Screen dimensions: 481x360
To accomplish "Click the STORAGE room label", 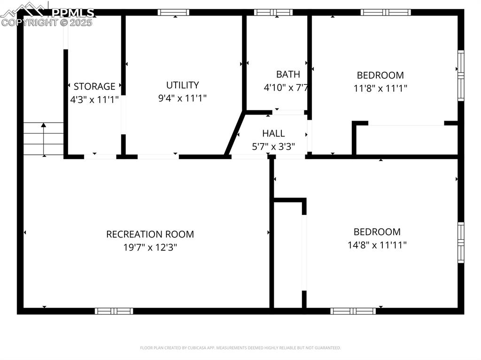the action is pos(94,86).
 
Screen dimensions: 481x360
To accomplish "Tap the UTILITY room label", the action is pos(183,85).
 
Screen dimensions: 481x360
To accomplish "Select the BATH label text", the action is pos(288,74).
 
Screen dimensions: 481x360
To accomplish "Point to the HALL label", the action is pos(273,133).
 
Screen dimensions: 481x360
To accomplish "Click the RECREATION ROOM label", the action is pos(150,234).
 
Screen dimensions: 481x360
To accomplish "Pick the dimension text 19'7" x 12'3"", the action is pos(150,247).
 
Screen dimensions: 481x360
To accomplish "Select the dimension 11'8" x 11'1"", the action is pos(380,89).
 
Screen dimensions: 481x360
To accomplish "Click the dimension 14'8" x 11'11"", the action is pos(377,245).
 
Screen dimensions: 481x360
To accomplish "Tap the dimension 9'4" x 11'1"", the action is pos(183,98).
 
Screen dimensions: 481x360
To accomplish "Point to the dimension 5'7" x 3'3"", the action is pos(273,146).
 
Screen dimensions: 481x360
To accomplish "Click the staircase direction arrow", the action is pos(44,139).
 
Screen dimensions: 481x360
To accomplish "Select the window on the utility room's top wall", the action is pos(173,12).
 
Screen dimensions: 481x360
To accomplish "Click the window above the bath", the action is pos(273,12).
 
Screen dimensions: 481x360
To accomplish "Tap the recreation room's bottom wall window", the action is pos(114,311).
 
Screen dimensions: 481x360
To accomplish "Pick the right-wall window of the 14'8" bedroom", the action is pos(461,243).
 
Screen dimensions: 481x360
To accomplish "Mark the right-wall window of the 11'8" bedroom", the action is pos(461,76).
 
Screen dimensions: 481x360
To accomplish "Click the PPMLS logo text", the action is pos(72,13).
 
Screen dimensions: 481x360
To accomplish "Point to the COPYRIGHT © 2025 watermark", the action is pos(47,23).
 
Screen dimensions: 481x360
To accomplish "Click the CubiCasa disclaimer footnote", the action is pos(240,348).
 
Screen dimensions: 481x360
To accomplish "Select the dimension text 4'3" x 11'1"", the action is pos(94,100).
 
